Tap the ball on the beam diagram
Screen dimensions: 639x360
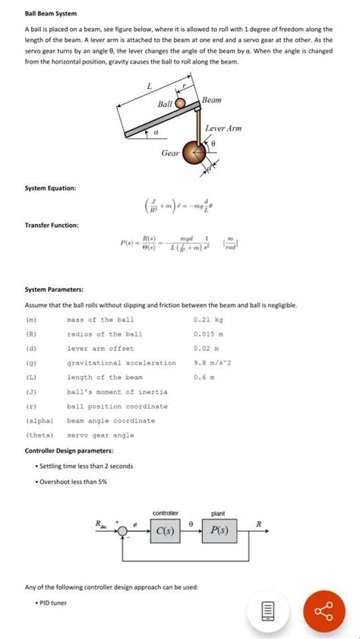point(181,103)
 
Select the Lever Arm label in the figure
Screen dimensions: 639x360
point(223,128)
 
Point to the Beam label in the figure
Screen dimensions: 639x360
point(212,100)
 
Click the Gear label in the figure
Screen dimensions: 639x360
point(171,153)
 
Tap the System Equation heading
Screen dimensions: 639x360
point(50,188)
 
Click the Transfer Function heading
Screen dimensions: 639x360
point(52,225)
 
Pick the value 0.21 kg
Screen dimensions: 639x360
point(208,320)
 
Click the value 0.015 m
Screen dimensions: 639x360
point(209,334)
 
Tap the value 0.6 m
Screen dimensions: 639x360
point(204,377)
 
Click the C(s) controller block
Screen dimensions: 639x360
point(166,530)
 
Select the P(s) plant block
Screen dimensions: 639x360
point(219,530)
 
